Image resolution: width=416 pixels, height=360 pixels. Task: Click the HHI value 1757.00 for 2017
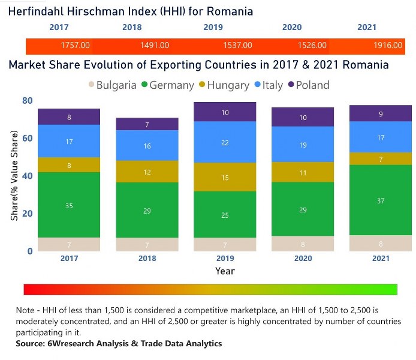75,46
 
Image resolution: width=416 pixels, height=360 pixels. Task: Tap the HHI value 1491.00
154,46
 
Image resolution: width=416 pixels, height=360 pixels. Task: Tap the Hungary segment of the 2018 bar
147,172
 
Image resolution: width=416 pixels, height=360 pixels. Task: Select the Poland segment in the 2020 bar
303,117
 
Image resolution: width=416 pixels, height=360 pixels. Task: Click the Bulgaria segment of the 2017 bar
70,244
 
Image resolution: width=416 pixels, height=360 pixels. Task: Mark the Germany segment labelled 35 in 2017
70,205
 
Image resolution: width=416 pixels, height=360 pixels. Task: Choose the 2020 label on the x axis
303,259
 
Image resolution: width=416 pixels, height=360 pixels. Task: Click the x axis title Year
225,271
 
